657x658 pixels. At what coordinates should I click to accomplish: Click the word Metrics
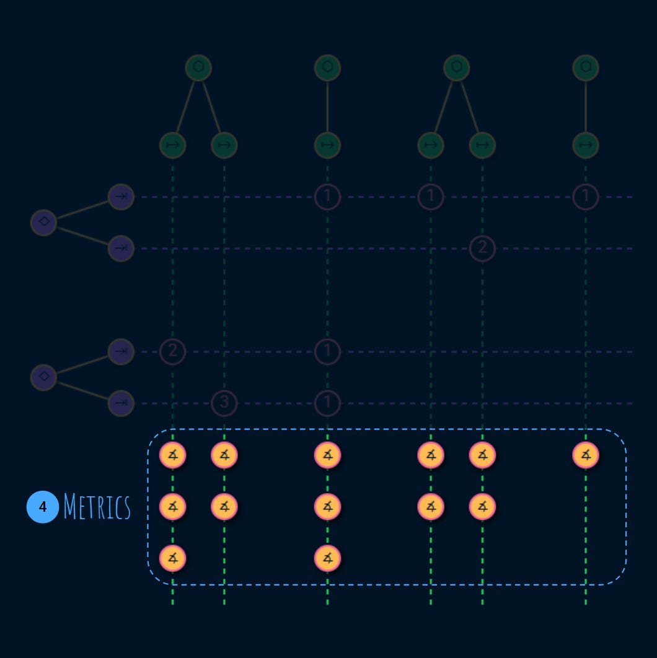(97, 507)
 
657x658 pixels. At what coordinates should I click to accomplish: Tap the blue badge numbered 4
(43, 507)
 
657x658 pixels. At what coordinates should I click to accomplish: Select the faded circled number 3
(224, 403)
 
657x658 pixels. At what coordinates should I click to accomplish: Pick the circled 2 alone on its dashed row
(482, 248)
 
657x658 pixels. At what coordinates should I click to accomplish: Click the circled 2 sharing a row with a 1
(173, 351)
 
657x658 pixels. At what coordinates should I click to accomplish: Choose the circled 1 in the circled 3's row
(327, 403)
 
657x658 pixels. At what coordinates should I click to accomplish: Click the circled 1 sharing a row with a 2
(327, 351)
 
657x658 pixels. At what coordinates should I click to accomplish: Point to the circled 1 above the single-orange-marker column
(586, 197)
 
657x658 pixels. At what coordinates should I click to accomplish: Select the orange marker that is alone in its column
(586, 455)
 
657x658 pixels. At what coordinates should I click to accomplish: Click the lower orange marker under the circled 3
(224, 507)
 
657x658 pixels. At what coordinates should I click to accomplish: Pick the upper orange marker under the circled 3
(224, 455)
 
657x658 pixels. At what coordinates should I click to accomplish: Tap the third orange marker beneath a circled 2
(173, 558)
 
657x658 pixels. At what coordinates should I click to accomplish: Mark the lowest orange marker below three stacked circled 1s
(327, 558)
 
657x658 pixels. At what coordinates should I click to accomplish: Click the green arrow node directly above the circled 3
(224, 146)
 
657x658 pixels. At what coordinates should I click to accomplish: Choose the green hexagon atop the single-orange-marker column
(586, 68)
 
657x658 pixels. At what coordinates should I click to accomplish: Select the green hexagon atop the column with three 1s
(327, 68)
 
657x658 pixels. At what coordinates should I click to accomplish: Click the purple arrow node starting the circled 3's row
(121, 403)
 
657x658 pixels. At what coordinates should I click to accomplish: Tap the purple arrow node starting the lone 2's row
(121, 248)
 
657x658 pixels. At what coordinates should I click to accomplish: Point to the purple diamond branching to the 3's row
(43, 376)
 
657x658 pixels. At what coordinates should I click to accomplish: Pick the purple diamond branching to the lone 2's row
(43, 222)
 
